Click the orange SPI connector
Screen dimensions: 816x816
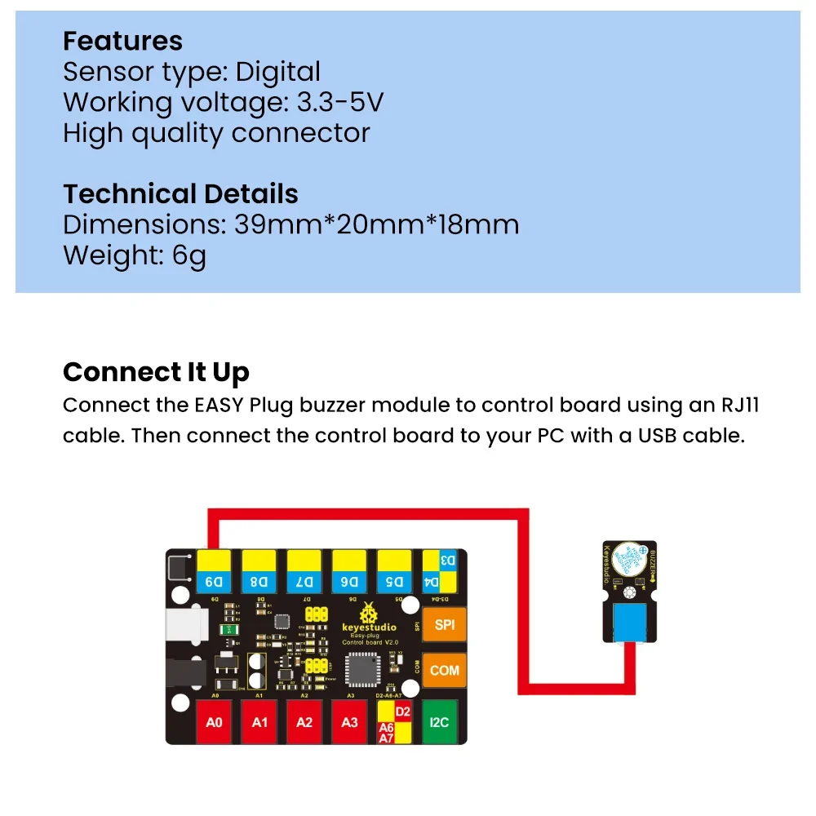445,626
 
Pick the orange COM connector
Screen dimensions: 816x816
445,671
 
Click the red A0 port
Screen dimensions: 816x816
215,721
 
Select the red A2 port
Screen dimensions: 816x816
304,721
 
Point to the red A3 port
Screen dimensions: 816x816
349,721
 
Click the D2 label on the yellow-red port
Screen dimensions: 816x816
402,712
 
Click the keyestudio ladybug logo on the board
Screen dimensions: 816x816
369,611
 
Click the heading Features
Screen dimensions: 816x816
122,41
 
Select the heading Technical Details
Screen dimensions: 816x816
180,194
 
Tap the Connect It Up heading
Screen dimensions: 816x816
156,372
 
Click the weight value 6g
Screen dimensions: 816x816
189,255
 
